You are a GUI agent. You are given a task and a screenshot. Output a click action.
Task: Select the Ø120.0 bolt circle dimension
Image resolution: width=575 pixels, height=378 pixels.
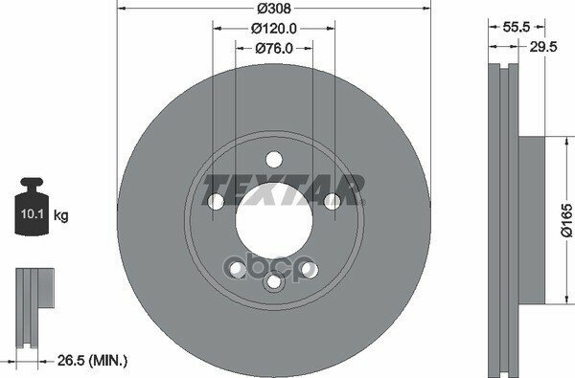tap(273, 29)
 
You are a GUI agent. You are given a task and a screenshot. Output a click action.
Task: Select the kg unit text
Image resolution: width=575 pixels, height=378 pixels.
tap(61, 216)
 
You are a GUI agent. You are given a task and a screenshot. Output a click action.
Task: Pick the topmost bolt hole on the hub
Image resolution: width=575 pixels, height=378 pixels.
tap(273, 159)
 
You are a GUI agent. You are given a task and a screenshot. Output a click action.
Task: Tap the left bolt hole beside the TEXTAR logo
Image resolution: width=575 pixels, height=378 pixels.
tap(215, 201)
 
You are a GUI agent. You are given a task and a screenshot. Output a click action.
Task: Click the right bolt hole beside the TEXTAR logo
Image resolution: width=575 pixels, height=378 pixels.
tap(332, 201)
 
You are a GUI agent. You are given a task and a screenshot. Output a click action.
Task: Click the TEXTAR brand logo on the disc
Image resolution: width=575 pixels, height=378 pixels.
tap(286, 188)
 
